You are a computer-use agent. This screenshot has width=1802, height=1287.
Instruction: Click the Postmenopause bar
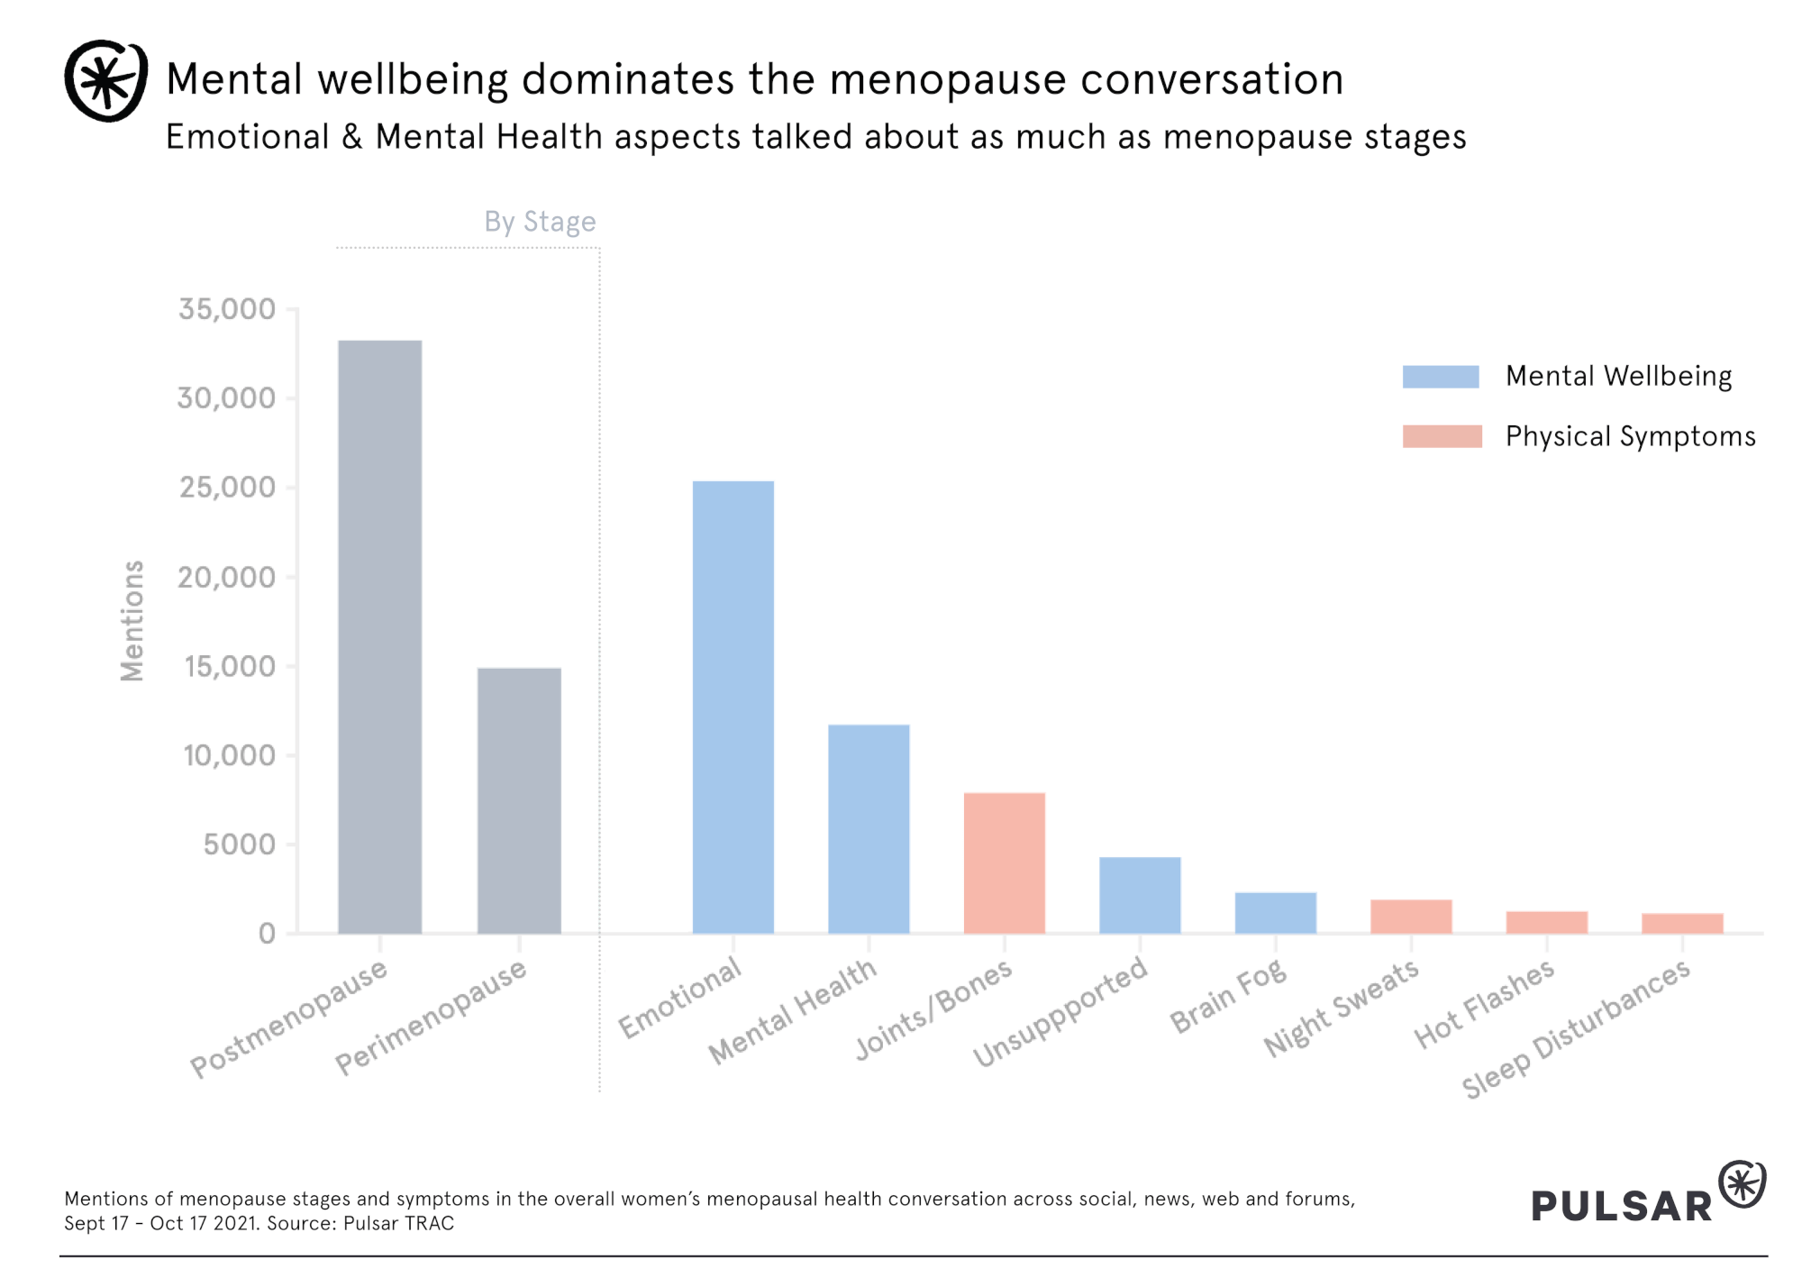(x=379, y=636)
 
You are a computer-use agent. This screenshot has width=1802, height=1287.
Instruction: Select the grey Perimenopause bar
(x=519, y=800)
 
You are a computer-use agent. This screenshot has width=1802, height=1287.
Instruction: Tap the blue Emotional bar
(x=733, y=707)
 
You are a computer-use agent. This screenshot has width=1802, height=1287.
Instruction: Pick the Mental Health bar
(x=869, y=828)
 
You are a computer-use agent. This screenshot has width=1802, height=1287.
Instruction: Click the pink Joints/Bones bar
(x=1004, y=863)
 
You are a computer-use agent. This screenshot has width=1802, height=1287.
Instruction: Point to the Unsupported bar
(x=1140, y=895)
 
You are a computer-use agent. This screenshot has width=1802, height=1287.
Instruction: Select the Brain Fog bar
(x=1275, y=913)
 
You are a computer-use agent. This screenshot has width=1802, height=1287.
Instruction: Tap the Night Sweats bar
(x=1411, y=917)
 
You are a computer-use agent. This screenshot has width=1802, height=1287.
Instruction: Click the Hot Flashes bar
(x=1546, y=922)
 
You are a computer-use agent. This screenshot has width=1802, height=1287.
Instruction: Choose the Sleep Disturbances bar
(x=1682, y=923)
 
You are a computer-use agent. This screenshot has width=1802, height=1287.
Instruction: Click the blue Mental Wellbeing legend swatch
(x=1441, y=377)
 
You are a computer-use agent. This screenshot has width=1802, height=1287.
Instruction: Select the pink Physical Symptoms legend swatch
(x=1442, y=436)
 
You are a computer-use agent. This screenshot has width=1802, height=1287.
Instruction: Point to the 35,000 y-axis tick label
(x=227, y=309)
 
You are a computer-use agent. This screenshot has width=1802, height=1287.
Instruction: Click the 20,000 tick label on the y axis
(x=227, y=577)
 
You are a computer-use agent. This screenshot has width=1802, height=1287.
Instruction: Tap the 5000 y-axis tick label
(x=240, y=844)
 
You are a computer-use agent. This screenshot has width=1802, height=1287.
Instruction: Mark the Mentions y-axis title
(x=132, y=621)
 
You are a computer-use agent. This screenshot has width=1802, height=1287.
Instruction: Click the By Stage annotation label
(x=540, y=222)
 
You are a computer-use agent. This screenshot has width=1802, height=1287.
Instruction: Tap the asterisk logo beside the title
(x=106, y=80)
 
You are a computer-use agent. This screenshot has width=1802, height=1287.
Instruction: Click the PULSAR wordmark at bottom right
(x=1621, y=1206)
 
